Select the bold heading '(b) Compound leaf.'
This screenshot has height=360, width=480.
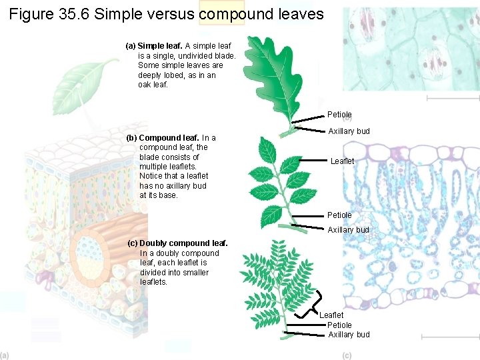click(163, 138)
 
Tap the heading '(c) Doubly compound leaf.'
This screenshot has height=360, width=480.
click(177, 243)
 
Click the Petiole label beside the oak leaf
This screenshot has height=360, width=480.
click(339, 115)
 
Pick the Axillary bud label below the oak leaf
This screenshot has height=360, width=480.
click(349, 131)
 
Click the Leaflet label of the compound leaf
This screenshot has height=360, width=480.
click(342, 161)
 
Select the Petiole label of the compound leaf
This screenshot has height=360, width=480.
click(339, 215)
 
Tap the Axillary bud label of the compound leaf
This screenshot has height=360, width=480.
click(348, 230)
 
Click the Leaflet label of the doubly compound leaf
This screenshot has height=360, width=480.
click(331, 315)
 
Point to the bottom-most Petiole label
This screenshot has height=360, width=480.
click(339, 325)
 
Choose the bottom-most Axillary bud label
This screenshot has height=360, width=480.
click(349, 335)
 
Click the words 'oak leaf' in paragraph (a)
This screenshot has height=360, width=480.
click(154, 85)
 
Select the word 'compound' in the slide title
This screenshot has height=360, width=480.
click(221, 14)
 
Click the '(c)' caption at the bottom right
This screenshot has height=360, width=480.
click(347, 355)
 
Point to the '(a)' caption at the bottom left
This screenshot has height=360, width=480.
click(5, 355)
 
